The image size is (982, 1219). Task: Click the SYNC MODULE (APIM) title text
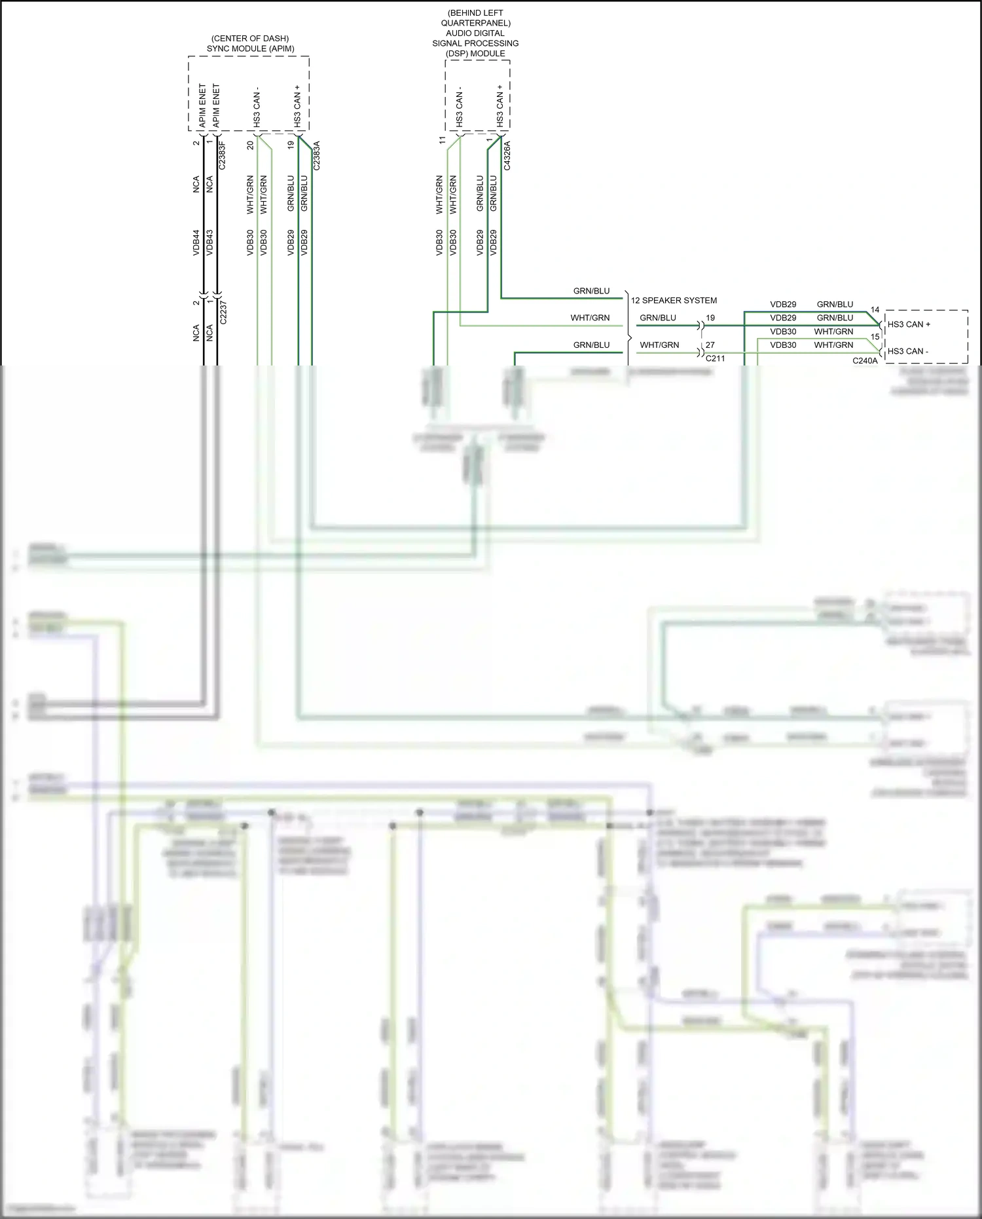[x=250, y=48]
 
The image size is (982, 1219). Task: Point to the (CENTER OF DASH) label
[x=250, y=39]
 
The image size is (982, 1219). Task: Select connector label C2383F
[x=222, y=155]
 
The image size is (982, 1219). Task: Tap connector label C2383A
[x=317, y=155]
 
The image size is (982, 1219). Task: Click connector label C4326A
[x=507, y=155]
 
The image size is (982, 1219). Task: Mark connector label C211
[x=715, y=358]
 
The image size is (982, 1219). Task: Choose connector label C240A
[x=865, y=360]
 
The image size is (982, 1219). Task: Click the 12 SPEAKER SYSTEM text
[x=674, y=301]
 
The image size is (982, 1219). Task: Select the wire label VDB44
[x=196, y=242]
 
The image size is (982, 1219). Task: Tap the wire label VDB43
[x=209, y=242]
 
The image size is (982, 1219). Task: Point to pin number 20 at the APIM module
[x=250, y=145]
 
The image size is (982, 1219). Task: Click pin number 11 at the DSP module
[x=442, y=140]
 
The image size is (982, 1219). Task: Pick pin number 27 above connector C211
[x=710, y=345]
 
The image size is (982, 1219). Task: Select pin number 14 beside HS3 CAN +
[x=875, y=310]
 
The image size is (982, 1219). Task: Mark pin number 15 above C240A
[x=875, y=337]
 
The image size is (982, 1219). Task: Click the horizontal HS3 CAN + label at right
[x=909, y=324]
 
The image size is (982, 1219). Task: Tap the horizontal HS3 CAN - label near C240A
[x=907, y=351]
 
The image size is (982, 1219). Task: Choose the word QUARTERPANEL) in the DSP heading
[x=475, y=23]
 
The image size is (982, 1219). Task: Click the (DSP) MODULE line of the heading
[x=475, y=53]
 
